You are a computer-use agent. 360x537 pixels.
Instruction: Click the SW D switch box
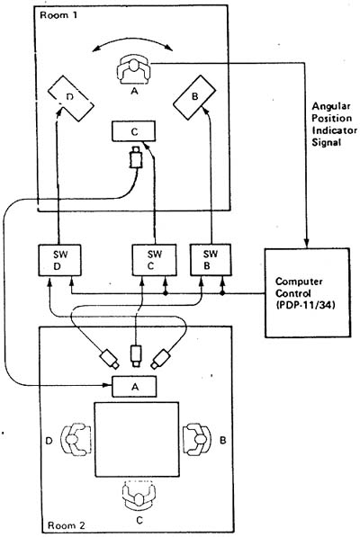tap(59, 260)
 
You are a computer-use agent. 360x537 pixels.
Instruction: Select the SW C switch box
tap(154, 260)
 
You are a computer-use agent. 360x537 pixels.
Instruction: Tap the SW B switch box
tap(211, 260)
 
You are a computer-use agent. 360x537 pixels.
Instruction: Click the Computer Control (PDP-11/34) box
tap(308, 293)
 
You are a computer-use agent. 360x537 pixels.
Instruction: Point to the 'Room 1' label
tap(58, 15)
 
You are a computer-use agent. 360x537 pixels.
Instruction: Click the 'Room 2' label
tap(66, 525)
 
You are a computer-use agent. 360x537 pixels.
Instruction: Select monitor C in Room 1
tap(133, 131)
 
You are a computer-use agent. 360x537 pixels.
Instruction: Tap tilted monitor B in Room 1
tap(194, 98)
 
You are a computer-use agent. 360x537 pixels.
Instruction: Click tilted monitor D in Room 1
tap(70, 98)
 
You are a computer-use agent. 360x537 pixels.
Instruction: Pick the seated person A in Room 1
tap(133, 69)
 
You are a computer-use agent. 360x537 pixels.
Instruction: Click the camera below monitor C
tap(136, 157)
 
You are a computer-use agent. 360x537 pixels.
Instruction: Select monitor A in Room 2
tap(134, 386)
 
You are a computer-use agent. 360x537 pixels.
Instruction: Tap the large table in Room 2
tap(137, 439)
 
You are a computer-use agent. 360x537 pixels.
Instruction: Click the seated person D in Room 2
tap(76, 439)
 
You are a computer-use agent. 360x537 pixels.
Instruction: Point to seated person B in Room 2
tap(196, 439)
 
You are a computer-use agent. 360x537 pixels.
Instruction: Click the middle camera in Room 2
tap(136, 356)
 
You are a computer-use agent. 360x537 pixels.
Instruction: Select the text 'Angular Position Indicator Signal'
tap(334, 124)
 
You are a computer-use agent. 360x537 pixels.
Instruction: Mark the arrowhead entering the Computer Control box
tap(307, 244)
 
